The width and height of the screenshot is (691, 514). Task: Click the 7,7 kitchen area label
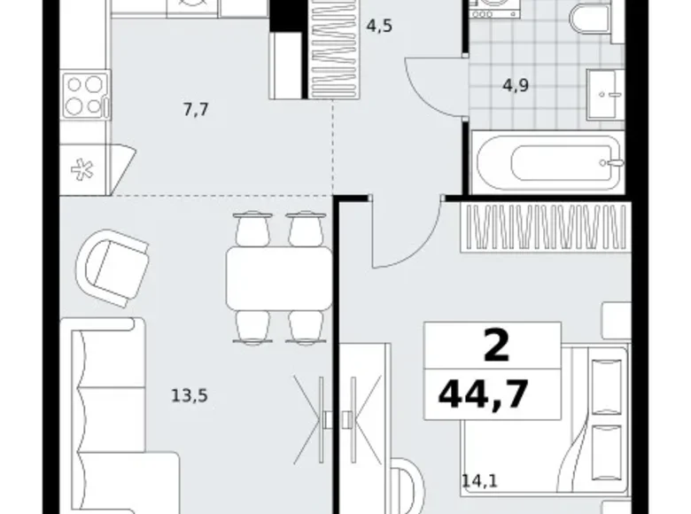coord(196,109)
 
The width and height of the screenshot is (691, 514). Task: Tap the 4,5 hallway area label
coord(379,27)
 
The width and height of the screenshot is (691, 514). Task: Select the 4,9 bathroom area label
coord(516,85)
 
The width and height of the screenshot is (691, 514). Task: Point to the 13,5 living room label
coord(189,396)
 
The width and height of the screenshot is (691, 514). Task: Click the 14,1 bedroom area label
coord(479,480)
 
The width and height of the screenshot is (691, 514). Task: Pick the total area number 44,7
coord(484,394)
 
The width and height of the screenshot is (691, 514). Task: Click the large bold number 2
coord(497,346)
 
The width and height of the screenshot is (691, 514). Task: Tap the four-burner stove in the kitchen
coord(86,95)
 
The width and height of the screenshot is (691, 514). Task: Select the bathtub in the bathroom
coord(547,162)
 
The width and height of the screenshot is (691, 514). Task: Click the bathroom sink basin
coord(604,94)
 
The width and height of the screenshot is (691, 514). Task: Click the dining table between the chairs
coord(278,278)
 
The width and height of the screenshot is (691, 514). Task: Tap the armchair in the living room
coord(112,268)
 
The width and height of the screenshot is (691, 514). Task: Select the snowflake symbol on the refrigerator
coord(82,170)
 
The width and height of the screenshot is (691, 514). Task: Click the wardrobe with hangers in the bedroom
coord(546,228)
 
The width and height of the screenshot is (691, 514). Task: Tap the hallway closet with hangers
coord(335,50)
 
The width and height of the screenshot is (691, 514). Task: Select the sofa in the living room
coord(110,416)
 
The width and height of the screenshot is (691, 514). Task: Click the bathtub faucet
coord(613,163)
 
